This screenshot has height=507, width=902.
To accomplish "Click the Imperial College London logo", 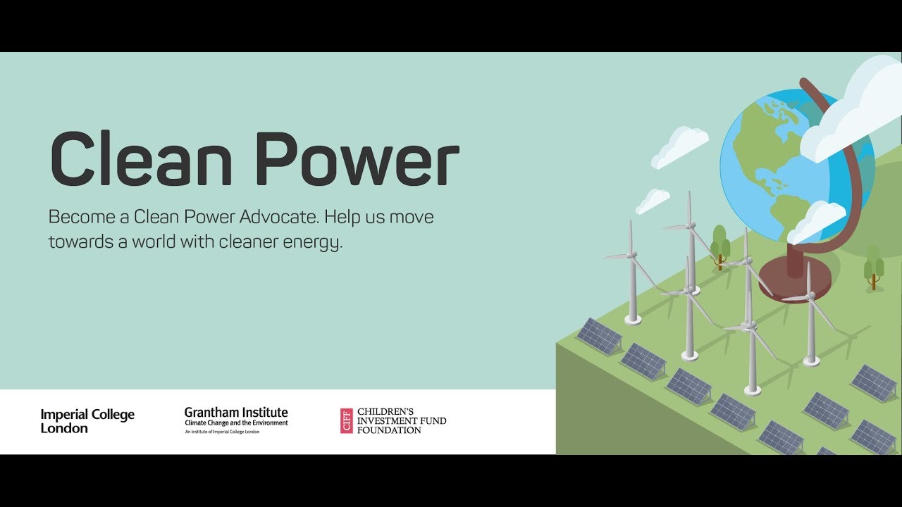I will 87,421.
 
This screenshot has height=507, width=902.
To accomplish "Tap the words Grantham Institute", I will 236,413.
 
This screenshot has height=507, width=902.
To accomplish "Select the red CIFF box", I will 346,421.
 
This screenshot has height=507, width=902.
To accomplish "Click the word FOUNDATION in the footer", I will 389,430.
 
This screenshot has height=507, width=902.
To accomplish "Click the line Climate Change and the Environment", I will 236,423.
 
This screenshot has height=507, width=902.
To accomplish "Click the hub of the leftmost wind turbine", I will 632,254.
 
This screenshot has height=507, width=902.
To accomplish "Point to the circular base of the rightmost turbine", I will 811,361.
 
